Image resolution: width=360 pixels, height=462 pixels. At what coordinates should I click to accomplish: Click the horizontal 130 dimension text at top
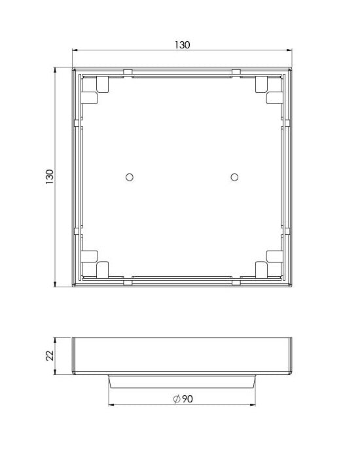click(182, 45)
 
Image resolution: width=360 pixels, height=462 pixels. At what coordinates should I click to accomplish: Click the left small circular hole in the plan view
click(129, 177)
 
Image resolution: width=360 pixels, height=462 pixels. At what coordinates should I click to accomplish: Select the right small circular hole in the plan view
click(234, 177)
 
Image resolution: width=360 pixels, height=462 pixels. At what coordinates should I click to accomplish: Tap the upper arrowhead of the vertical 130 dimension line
click(56, 70)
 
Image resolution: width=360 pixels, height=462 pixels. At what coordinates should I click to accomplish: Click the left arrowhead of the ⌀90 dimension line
click(110, 405)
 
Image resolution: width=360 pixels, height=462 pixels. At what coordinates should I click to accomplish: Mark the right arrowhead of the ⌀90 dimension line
click(253, 405)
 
